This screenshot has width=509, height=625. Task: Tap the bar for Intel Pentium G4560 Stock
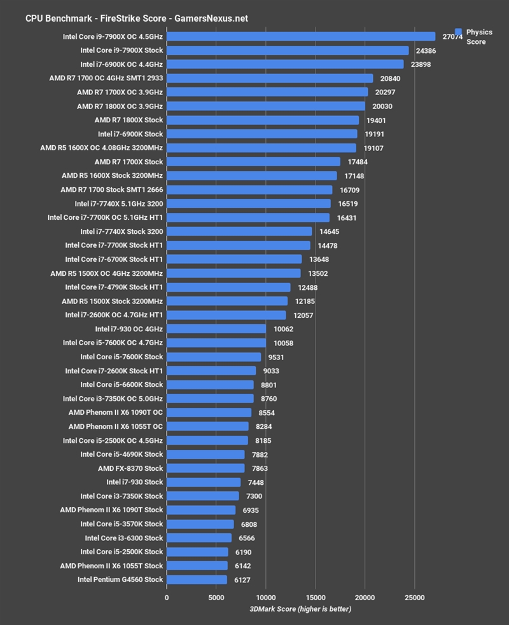click(197, 580)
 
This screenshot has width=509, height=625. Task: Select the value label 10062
click(284, 329)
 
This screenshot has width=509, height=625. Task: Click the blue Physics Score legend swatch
click(458, 31)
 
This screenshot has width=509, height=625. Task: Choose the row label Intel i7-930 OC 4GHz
click(129, 329)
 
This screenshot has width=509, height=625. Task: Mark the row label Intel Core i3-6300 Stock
click(122, 538)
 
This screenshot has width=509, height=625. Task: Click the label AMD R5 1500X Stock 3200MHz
click(112, 301)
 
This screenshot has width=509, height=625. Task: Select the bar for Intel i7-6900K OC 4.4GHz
click(285, 64)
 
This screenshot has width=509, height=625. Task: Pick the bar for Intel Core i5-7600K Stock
click(214, 357)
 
